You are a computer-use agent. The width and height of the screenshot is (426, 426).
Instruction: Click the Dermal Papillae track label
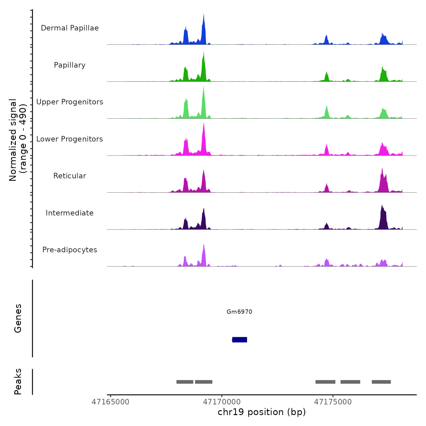pos(70,28)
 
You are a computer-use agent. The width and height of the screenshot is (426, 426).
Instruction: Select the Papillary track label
pos(70,65)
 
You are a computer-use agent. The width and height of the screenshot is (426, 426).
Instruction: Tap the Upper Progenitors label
pos(70,102)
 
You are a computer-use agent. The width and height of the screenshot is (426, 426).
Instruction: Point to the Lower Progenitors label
pos(70,139)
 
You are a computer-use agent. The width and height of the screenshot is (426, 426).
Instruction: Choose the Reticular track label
pos(70,176)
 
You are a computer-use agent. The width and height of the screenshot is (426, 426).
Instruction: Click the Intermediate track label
pos(70,213)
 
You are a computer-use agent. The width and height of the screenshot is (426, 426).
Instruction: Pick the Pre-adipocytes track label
pos(70,250)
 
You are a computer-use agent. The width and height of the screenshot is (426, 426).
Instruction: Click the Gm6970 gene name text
pos(239,312)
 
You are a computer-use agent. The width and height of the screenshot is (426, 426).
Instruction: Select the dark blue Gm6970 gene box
pos(239,340)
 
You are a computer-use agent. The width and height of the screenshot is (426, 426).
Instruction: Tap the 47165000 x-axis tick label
pos(110,402)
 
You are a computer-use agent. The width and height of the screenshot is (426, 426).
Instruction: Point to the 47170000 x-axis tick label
pos(222,402)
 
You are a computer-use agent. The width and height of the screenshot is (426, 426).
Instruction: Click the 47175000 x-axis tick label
pos(333,402)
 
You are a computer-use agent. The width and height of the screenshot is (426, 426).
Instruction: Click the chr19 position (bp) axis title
pos(262,412)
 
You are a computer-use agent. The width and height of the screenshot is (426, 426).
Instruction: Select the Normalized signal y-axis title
pos(18,140)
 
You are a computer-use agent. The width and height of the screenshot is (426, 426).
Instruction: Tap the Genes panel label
pos(18,318)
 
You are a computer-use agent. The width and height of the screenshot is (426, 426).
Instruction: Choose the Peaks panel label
pos(18,382)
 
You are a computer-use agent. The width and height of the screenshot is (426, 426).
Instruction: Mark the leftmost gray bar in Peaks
pos(185,382)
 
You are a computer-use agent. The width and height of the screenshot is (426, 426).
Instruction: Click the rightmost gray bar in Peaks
pos(381,382)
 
